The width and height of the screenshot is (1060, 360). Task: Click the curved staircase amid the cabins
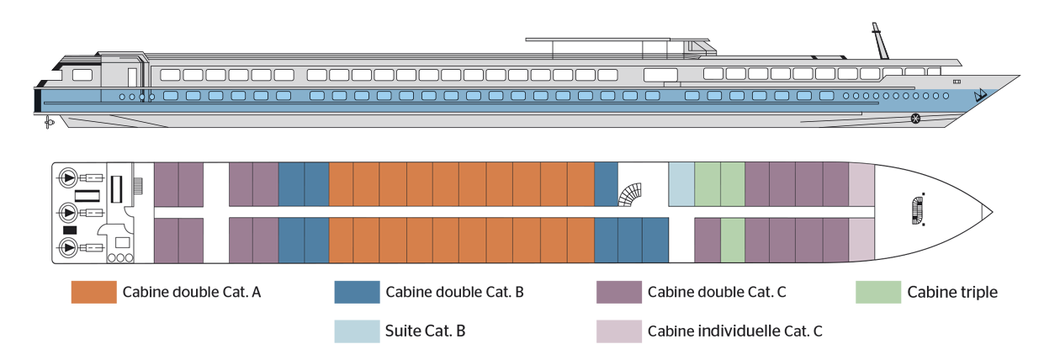pyautogui.click(x=630, y=198)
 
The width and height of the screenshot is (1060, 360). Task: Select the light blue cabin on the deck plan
pyautogui.click(x=681, y=184)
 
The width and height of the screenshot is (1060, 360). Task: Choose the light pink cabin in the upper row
pyautogui.click(x=861, y=184)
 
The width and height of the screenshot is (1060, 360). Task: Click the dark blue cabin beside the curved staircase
pyautogui.click(x=606, y=184)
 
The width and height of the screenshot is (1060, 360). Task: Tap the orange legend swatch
pyautogui.click(x=87, y=308)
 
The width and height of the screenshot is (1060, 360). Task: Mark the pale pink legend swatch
pyautogui.click(x=594, y=330)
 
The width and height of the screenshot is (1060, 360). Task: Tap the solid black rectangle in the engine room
pyautogui.click(x=70, y=230)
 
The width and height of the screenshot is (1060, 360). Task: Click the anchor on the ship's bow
pyautogui.click(x=978, y=96)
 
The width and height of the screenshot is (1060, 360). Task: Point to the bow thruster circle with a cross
pyautogui.click(x=916, y=119)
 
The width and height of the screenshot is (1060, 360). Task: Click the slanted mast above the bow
pyautogui.click(x=880, y=39)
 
